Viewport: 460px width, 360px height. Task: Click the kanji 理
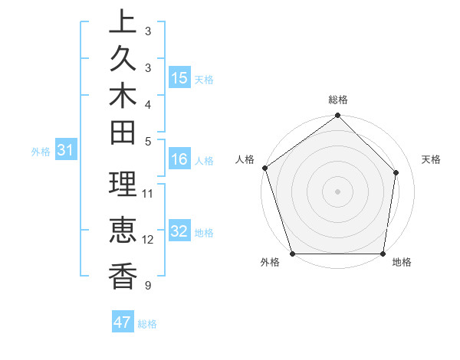(123, 185)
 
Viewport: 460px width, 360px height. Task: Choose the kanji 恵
(123, 231)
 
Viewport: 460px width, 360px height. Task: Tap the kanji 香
(123, 276)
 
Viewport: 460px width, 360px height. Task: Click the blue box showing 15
(179, 78)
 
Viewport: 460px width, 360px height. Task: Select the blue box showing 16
(179, 159)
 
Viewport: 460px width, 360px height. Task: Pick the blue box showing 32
(179, 232)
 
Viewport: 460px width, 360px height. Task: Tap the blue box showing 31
(66, 151)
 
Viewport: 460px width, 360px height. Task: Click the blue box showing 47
(123, 322)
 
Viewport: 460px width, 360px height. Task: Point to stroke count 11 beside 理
(148, 193)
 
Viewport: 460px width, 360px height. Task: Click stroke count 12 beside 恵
(148, 239)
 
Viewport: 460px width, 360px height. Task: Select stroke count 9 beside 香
(147, 286)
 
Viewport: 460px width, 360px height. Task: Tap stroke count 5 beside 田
(147, 141)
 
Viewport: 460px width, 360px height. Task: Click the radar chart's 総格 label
(337, 100)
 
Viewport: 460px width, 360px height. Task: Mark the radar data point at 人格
(264, 168)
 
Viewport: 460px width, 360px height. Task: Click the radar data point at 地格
(383, 254)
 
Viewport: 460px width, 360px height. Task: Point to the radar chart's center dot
(337, 191)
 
